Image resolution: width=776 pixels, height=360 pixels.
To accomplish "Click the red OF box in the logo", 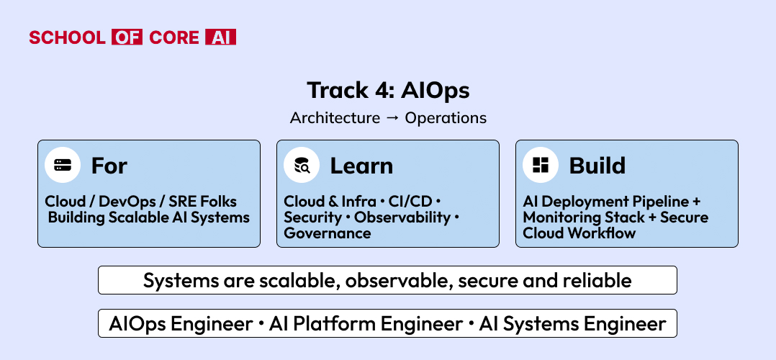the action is point(127,37).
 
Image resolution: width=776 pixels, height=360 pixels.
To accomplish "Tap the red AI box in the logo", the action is point(221,37).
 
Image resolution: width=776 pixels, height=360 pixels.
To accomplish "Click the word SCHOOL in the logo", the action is point(67,37).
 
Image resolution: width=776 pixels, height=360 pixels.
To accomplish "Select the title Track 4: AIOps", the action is point(388,90).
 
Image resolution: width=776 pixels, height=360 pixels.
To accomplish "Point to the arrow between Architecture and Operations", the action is point(392,118).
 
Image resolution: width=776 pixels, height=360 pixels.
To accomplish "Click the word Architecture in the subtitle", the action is point(335,118).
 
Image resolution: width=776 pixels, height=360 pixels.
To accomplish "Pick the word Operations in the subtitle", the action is point(446,118).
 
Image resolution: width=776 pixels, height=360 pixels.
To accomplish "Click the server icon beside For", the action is point(63,166).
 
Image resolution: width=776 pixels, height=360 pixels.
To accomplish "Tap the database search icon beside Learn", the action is point(302,166).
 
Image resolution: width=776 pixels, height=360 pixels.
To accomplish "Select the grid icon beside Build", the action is point(541,166).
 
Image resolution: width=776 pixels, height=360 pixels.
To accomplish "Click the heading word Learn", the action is point(362,166).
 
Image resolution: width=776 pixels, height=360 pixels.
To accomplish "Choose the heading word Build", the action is point(597,166).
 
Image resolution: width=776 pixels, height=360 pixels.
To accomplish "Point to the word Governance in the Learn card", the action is point(327,233).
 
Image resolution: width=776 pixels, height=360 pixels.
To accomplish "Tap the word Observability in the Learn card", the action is point(402,217).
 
